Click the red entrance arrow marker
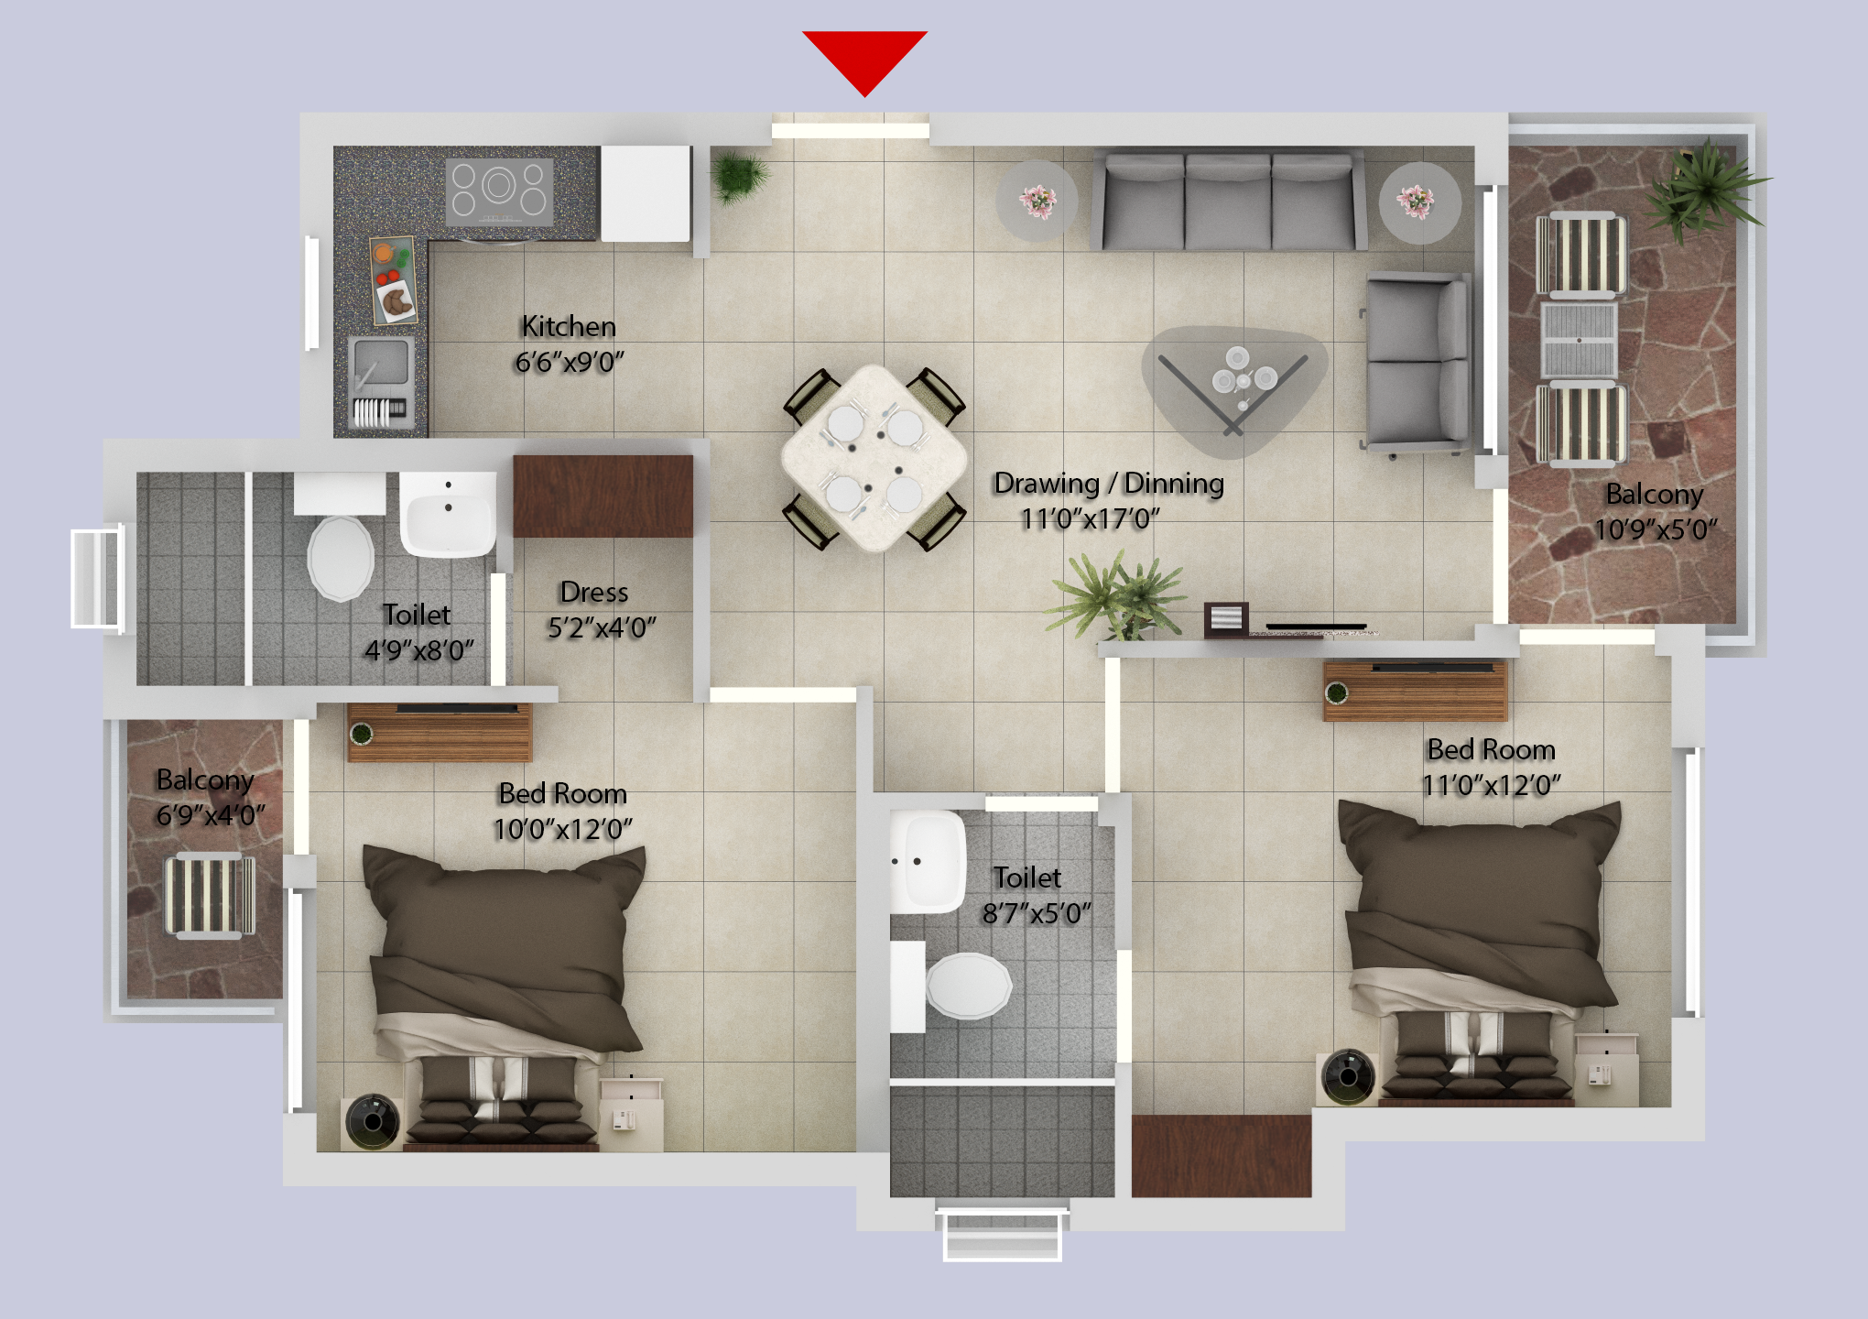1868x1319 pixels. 864,58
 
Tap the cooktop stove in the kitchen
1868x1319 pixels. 499,191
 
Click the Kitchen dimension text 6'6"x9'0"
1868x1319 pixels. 569,363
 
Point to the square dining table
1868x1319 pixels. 874,457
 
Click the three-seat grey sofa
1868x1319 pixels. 1227,202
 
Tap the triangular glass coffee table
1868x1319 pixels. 1233,385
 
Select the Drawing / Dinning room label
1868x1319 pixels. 1108,483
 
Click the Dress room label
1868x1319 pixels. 593,593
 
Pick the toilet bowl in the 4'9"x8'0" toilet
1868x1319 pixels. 341,557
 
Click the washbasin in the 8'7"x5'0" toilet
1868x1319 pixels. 929,861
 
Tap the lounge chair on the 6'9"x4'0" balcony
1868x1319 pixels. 209,895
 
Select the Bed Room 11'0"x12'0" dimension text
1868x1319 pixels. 1491,786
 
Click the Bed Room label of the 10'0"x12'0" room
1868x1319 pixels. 562,793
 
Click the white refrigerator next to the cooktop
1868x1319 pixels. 645,192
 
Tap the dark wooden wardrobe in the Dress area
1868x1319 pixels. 603,496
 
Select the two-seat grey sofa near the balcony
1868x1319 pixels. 1416,362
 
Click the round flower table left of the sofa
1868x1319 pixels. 1037,201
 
